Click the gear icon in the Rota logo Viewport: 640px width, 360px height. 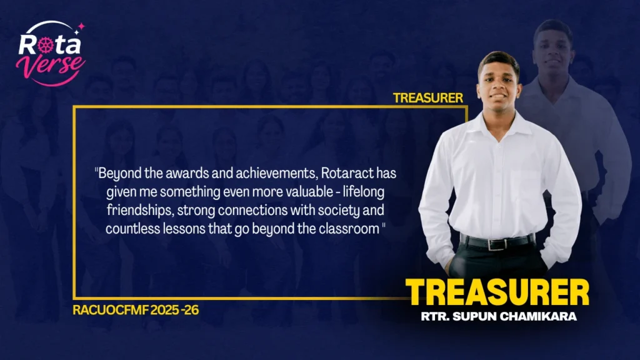[x=46, y=45]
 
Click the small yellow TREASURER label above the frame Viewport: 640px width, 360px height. [x=427, y=98]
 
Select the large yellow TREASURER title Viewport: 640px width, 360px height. [x=497, y=292]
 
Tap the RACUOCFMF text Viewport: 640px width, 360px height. [x=111, y=310]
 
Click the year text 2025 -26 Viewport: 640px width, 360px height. [x=175, y=310]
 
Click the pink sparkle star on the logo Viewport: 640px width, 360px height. [x=81, y=26]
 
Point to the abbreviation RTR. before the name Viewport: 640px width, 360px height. [x=435, y=316]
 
